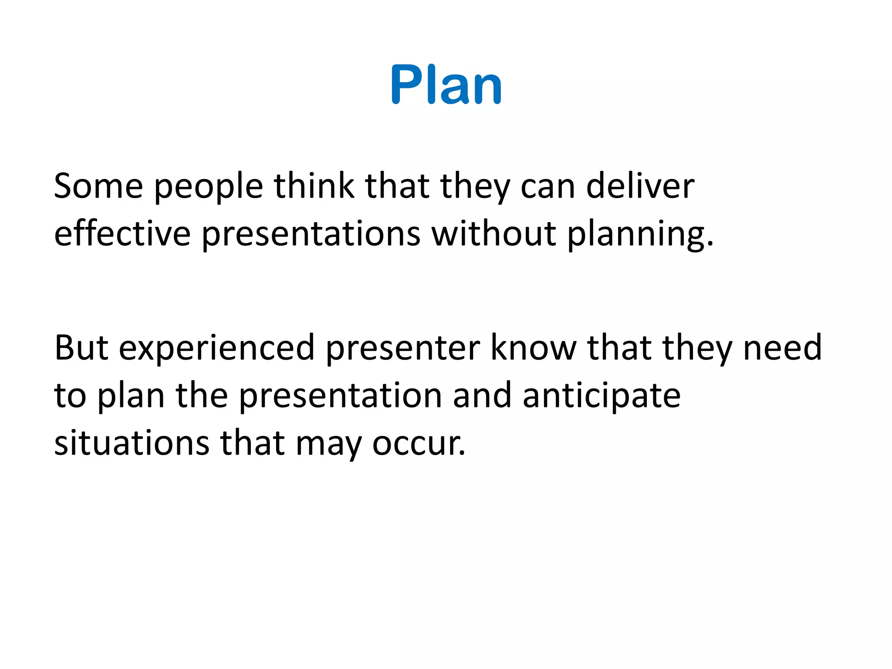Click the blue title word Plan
point(446,84)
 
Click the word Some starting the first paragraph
point(98,186)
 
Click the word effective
point(122,234)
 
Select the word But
point(81,348)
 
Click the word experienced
point(216,349)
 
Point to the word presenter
point(403,349)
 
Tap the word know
point(534,348)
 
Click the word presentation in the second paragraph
point(341,396)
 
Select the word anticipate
point(601,396)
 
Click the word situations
point(132,443)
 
